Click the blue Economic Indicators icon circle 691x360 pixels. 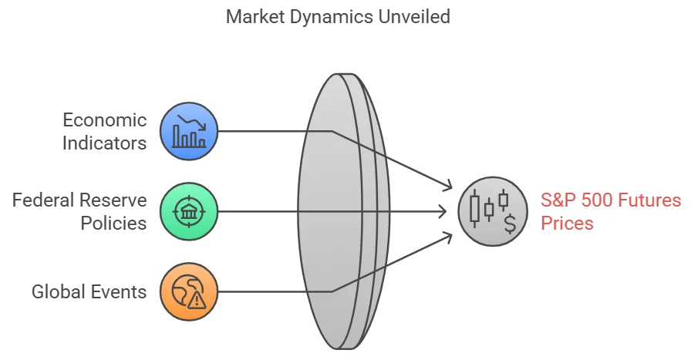(189, 131)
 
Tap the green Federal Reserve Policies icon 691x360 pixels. (189, 211)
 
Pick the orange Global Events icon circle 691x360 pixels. (189, 291)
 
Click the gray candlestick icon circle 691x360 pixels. (487, 211)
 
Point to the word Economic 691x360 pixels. (105, 120)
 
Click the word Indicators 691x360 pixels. (105, 143)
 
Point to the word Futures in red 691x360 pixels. (648, 200)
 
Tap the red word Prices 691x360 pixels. (567, 224)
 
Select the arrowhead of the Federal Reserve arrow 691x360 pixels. (444, 211)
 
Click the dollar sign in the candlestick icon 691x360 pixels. (509, 224)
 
